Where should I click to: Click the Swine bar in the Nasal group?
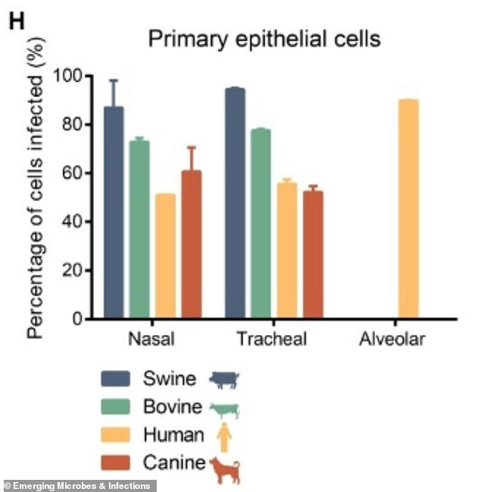114,212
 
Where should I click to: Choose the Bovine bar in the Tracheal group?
260,223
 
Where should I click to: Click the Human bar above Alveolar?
408,209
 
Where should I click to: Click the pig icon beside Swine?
224,378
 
